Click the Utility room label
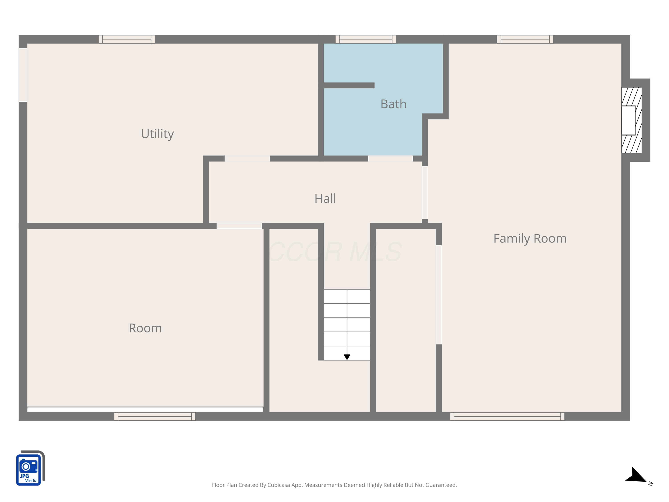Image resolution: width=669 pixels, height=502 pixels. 157,134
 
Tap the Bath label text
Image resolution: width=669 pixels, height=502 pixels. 393,104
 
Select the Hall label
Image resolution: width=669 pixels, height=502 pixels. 325,199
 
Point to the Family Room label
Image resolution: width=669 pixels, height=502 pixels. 530,239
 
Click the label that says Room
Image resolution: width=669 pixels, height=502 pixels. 145,328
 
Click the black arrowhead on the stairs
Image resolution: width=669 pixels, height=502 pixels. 347,357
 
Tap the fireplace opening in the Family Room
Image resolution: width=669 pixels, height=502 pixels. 628,120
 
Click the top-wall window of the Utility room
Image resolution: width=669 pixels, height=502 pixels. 127,39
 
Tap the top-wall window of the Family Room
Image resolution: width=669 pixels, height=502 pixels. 525,39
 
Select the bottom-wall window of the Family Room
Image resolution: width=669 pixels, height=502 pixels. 507,416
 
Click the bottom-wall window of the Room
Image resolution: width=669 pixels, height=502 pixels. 155,416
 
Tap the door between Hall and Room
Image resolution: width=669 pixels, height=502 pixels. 239,226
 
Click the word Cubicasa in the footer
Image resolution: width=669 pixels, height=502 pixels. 278,485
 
